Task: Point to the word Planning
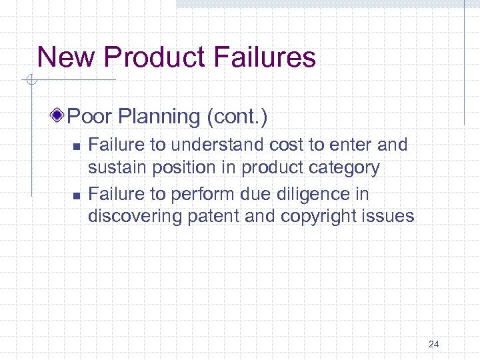(x=157, y=117)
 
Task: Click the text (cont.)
(x=237, y=117)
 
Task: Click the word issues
(x=389, y=217)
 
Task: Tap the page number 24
(x=434, y=344)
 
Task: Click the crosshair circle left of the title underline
(x=29, y=81)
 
